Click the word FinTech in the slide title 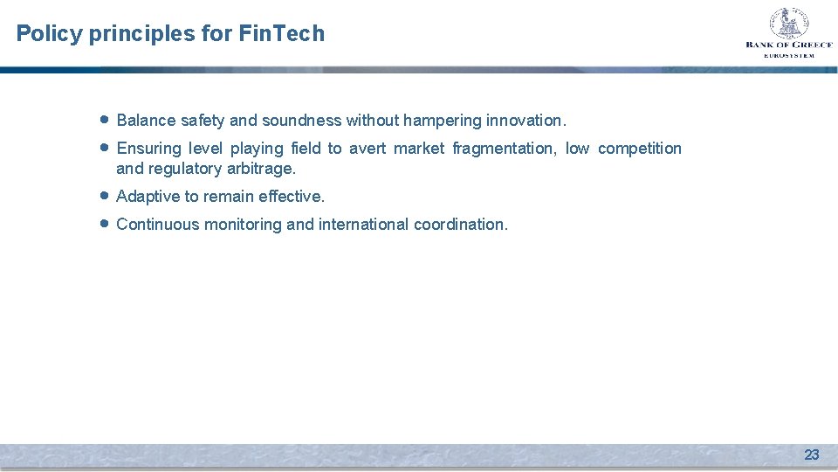point(281,34)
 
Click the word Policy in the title point(50,34)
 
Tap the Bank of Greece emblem point(788,23)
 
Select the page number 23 point(811,455)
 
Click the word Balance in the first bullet point(146,121)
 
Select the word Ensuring point(148,149)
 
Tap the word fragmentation point(504,149)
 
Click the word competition point(639,149)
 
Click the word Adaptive point(148,197)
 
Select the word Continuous point(157,225)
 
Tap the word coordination point(460,225)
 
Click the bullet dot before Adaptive point(103,196)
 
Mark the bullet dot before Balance point(103,120)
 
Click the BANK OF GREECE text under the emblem point(788,45)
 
